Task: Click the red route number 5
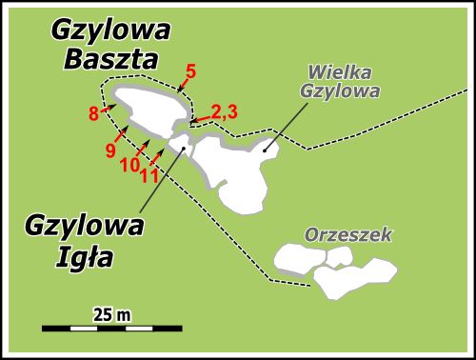tap(190, 70)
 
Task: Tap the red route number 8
tap(93, 113)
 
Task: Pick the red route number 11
tap(149, 174)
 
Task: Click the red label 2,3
tap(224, 111)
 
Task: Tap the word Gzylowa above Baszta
tap(111, 30)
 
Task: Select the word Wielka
tap(339, 73)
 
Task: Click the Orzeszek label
tap(348, 234)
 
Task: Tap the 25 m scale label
tap(111, 313)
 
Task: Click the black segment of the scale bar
tap(69, 329)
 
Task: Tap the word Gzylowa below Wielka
tap(340, 92)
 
